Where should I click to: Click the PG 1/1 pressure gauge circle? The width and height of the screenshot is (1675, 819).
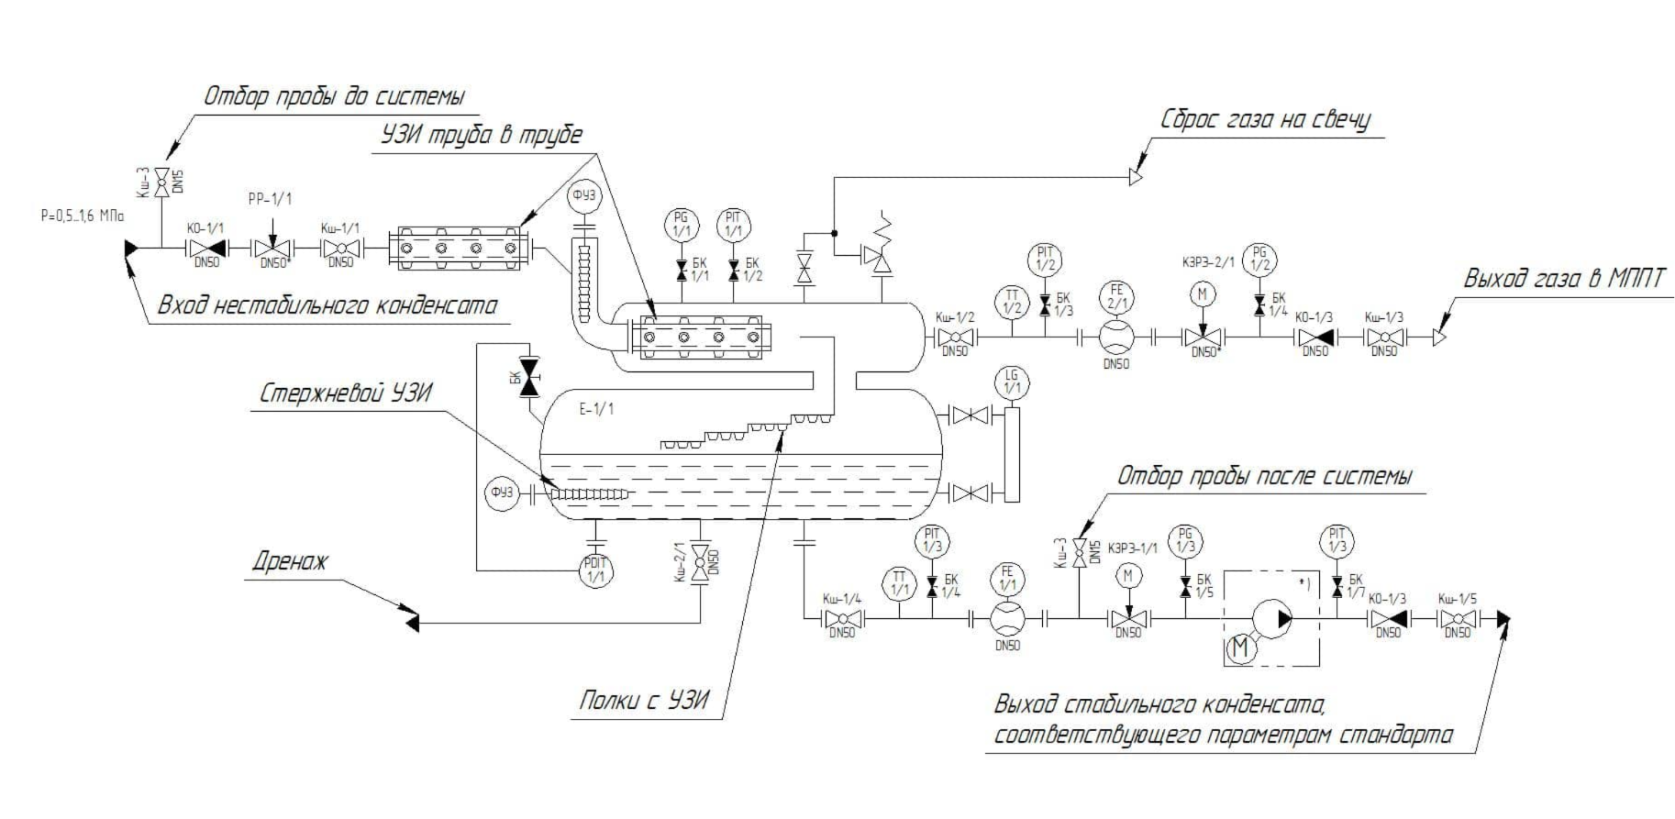click(681, 225)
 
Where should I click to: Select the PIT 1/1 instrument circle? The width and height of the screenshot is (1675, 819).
click(733, 225)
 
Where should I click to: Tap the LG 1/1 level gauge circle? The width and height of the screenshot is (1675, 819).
click(1012, 382)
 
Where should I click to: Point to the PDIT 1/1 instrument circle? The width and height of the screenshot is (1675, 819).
click(596, 571)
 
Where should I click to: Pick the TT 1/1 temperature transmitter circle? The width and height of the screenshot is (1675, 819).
click(899, 583)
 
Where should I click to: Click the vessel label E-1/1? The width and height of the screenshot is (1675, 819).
click(596, 409)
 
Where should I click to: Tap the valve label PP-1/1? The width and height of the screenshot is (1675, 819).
click(270, 199)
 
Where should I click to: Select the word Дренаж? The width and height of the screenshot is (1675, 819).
click(290, 561)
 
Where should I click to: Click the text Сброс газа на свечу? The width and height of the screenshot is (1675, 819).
click(1265, 120)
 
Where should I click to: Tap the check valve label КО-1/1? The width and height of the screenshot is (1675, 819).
click(205, 227)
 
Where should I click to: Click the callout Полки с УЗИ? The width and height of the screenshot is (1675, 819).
click(644, 702)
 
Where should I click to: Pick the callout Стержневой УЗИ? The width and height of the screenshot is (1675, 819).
click(345, 394)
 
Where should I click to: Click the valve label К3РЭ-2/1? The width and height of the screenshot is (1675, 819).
click(1210, 262)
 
